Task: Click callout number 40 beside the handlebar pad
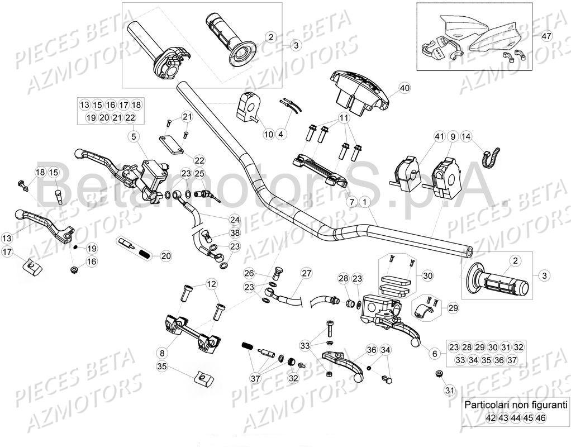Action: [405, 88]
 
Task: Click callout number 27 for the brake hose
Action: [306, 273]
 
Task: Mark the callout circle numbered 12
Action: [211, 284]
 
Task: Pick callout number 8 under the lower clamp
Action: [162, 353]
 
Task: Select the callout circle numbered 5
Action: [134, 135]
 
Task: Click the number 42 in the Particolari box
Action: [491, 417]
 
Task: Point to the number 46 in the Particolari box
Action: [540, 417]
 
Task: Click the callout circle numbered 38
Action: [220, 233]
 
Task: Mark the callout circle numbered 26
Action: [249, 273]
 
